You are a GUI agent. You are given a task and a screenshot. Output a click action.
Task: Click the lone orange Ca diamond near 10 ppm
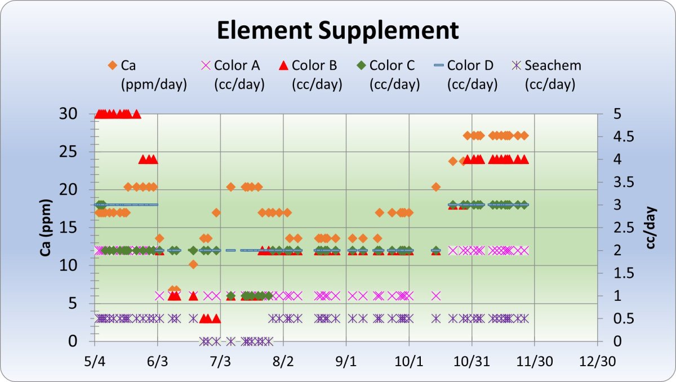tap(193, 264)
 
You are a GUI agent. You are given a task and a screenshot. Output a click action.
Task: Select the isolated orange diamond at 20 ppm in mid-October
tap(435, 186)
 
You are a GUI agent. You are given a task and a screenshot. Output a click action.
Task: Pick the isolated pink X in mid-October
tap(435, 295)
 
